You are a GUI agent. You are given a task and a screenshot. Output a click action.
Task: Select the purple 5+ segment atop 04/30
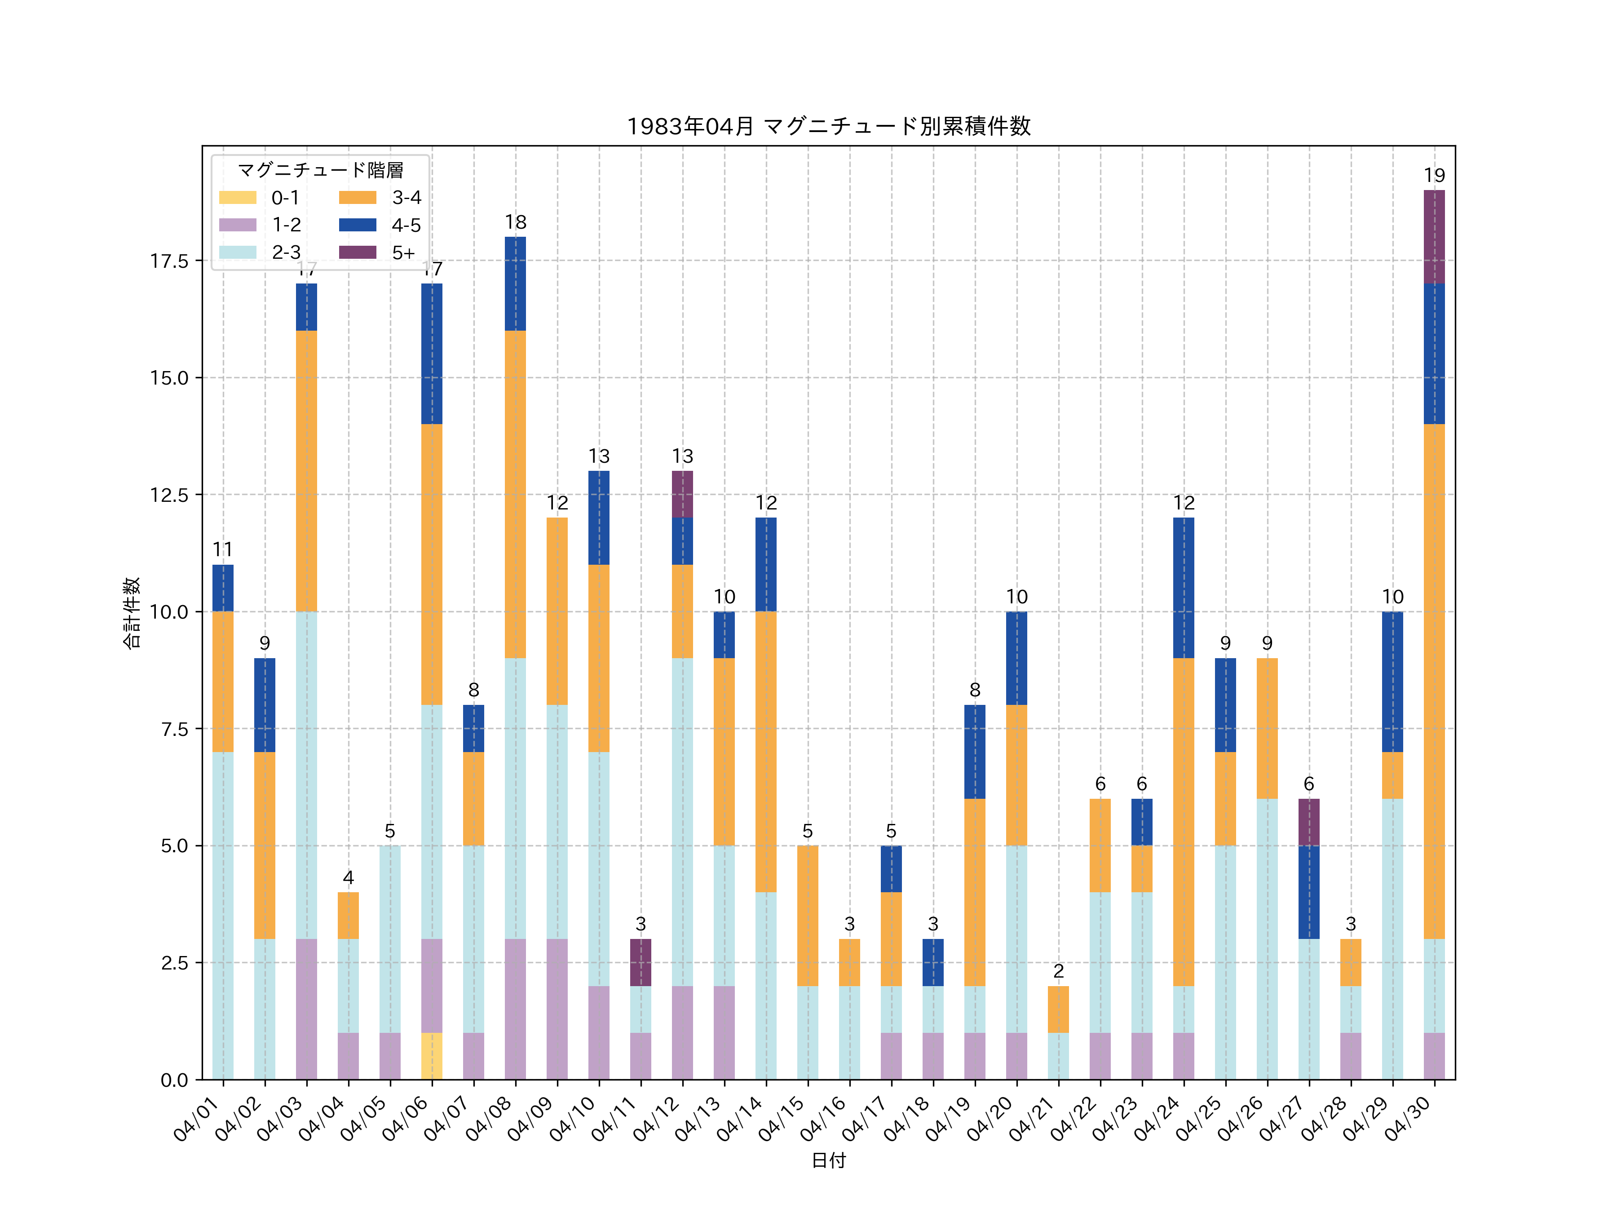(x=1434, y=236)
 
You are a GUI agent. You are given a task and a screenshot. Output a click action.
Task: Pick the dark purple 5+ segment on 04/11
(x=641, y=962)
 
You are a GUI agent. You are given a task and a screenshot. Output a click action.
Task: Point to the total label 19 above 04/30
(x=1434, y=176)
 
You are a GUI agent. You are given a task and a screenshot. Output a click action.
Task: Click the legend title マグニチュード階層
(x=320, y=170)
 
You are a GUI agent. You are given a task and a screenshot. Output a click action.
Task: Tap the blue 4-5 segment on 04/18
(x=933, y=962)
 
